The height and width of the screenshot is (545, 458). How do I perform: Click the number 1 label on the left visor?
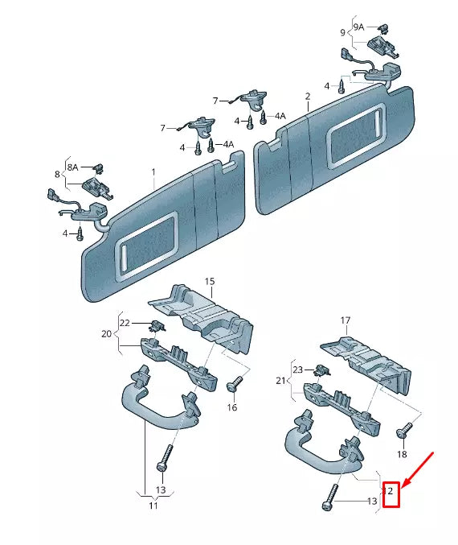coord(153,172)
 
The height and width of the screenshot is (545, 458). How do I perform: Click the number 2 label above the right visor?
coord(307,97)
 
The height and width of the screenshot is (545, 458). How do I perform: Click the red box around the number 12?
coord(391,492)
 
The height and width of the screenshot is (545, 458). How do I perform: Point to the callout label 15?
coord(210,282)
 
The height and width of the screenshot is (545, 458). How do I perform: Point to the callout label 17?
coord(346,321)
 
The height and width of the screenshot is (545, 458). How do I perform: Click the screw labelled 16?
coord(235,386)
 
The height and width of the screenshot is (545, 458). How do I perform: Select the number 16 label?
coord(232,408)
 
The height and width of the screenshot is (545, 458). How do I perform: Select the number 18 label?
coord(402,455)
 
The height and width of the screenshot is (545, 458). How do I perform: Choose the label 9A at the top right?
coord(359,27)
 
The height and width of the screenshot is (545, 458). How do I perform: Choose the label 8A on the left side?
coord(72,167)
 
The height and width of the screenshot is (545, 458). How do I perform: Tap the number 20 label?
coord(106,332)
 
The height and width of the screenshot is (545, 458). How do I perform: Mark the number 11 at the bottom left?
coord(153,507)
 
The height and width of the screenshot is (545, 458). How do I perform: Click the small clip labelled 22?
coord(157,325)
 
